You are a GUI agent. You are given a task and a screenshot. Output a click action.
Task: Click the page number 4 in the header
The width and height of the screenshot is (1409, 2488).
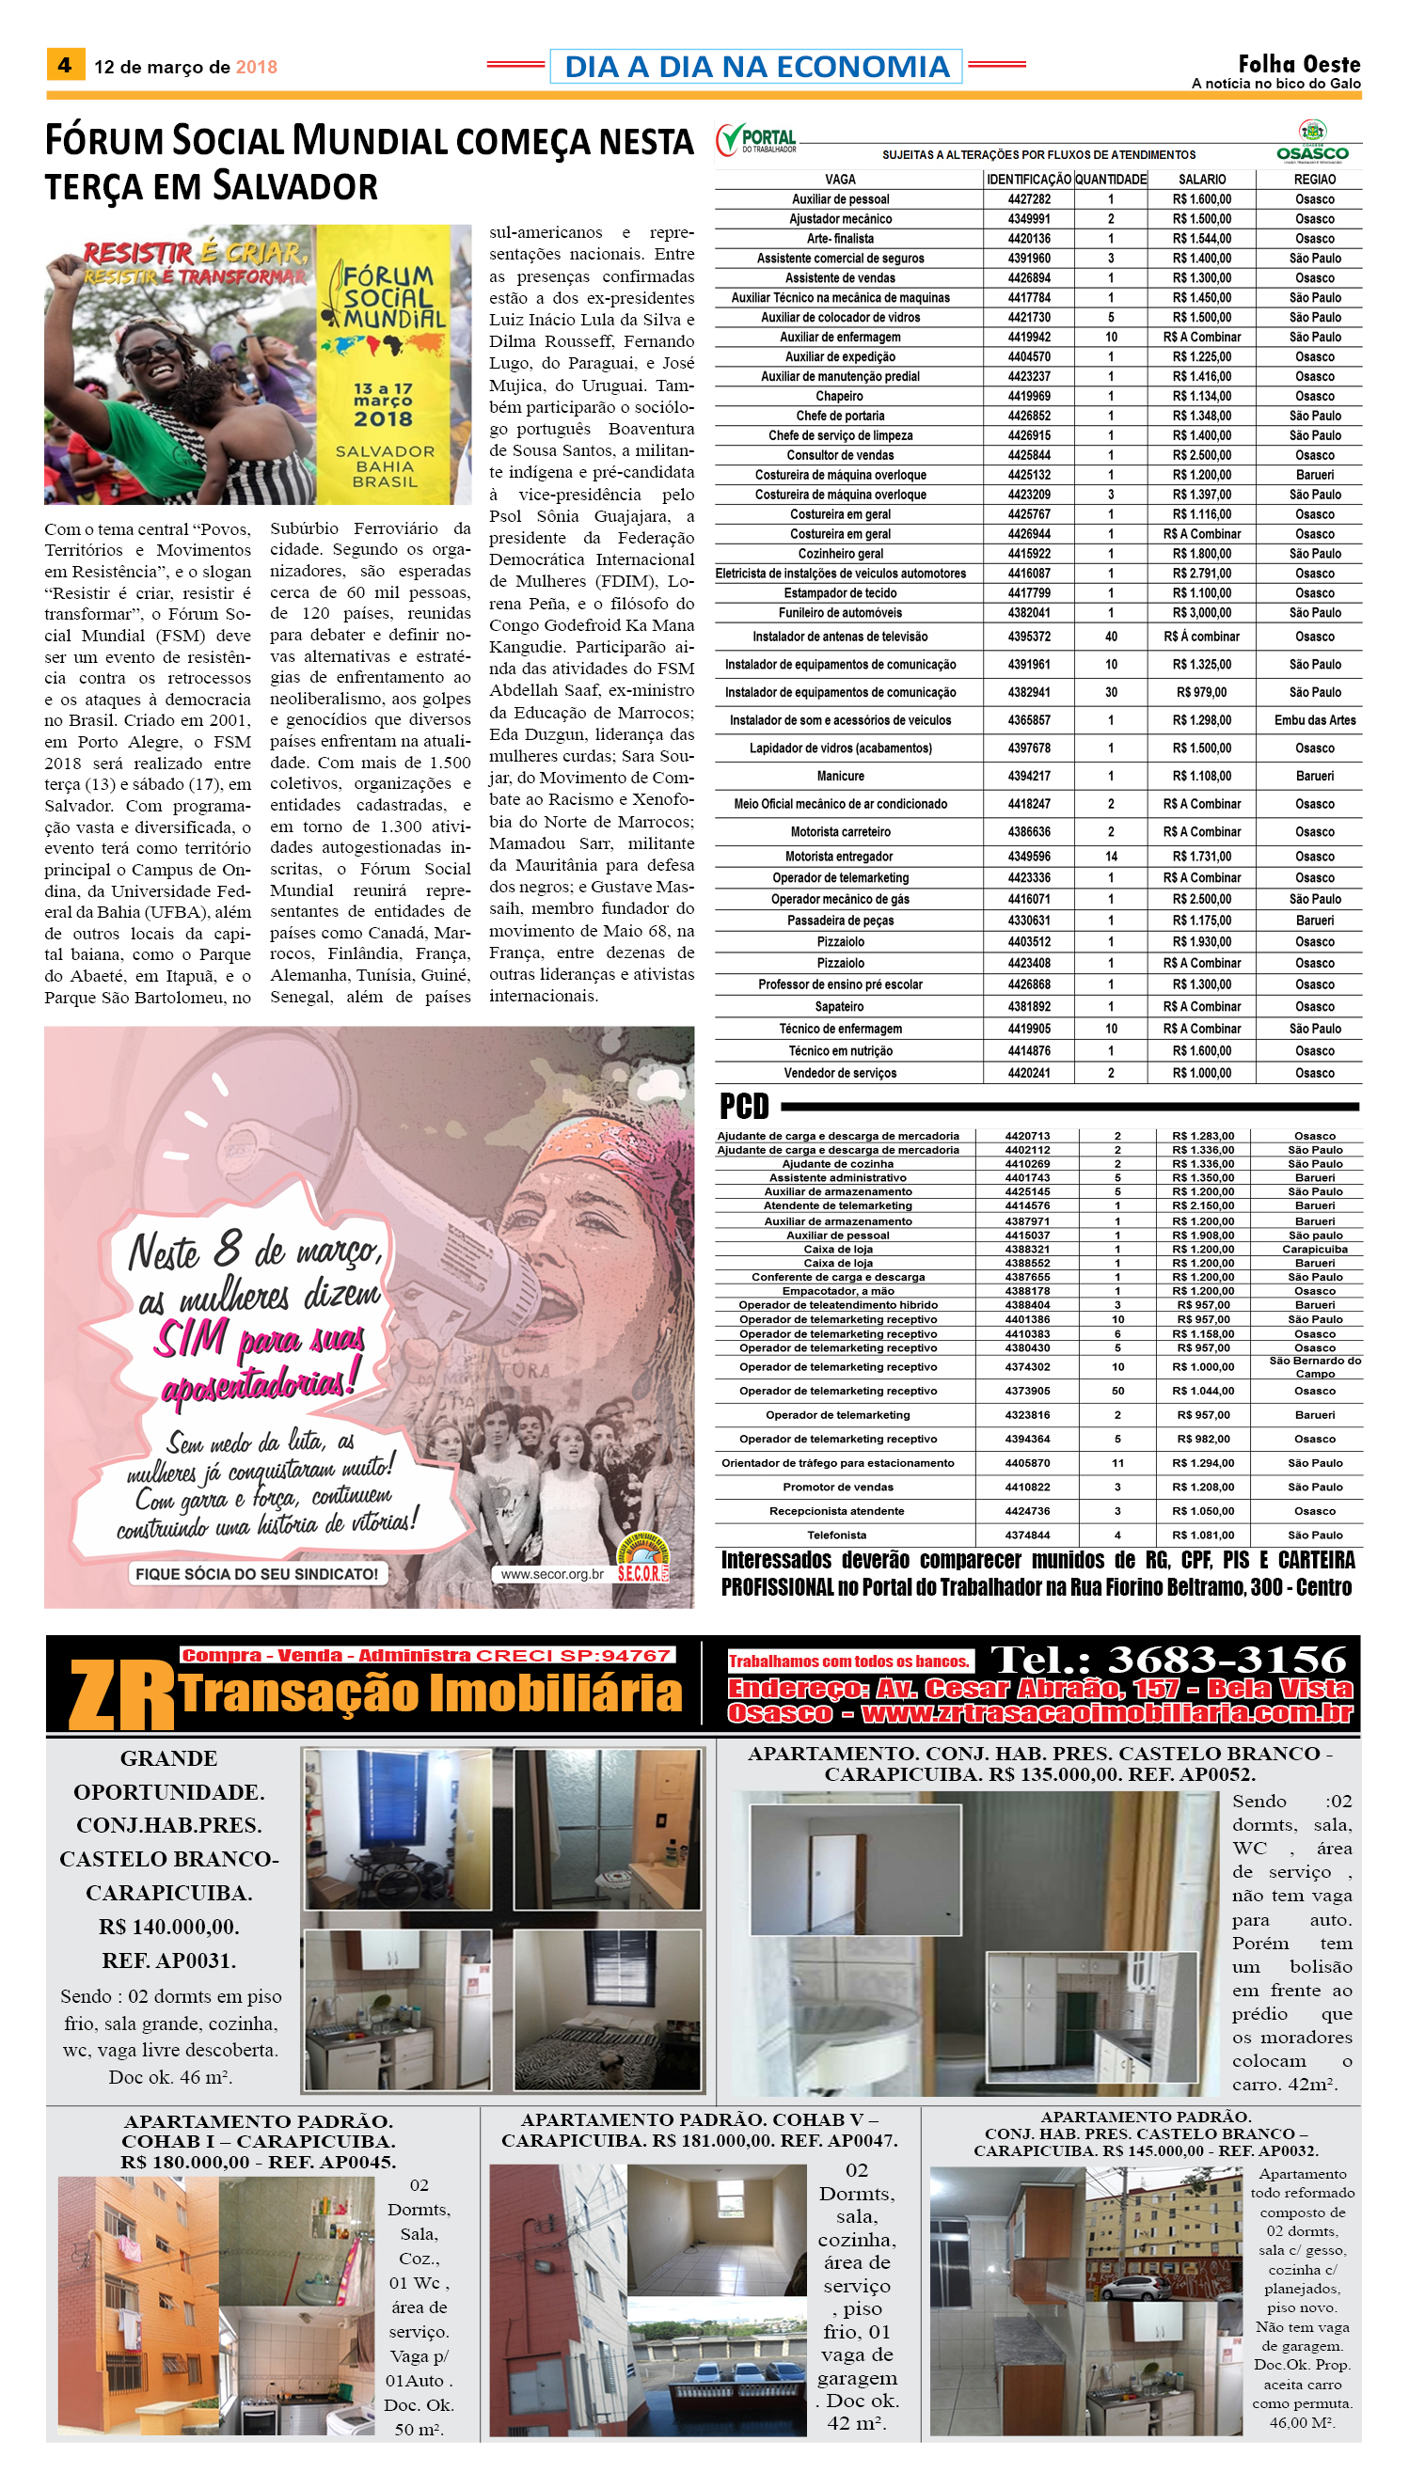pos(65,65)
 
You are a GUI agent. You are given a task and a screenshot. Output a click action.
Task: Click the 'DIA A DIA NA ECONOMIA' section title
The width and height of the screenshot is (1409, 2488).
pos(756,66)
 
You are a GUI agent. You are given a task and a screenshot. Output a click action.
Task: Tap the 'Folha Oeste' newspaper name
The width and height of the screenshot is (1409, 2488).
pos(1299,64)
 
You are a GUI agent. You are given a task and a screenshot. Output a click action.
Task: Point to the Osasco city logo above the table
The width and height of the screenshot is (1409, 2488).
pos(1312,141)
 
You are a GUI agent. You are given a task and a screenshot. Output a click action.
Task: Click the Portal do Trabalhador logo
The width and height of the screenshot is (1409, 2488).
pos(757,140)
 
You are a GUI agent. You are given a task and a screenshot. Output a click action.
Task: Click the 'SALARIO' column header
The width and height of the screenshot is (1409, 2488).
pos(1202,179)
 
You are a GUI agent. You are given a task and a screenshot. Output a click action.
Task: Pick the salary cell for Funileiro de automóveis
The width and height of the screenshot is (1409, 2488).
pos(1202,612)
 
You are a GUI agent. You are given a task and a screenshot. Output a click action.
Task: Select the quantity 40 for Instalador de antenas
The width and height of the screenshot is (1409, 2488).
pos(1111,637)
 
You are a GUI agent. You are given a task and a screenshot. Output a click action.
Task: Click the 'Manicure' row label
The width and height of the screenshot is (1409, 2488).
pos(840,776)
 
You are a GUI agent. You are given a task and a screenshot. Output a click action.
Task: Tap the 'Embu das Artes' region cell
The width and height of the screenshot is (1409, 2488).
pos(1314,719)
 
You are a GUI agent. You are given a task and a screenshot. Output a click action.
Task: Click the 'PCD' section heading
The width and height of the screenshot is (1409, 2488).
pos(744,1106)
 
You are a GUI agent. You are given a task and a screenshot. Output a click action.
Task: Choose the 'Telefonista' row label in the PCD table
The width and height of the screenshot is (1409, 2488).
pos(837,1535)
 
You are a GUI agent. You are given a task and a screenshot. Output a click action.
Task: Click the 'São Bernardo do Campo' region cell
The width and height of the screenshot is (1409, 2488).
pos(1314,1367)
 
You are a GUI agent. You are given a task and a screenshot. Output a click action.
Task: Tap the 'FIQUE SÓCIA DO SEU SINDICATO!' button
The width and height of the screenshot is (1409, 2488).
pos(257,1574)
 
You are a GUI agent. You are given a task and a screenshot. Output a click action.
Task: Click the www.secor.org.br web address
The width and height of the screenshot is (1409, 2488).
pos(551,1574)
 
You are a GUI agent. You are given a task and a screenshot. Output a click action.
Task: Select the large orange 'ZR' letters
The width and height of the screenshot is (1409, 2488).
pos(121,1695)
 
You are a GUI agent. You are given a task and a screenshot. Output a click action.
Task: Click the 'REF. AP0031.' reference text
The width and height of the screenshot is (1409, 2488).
pos(168,1960)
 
